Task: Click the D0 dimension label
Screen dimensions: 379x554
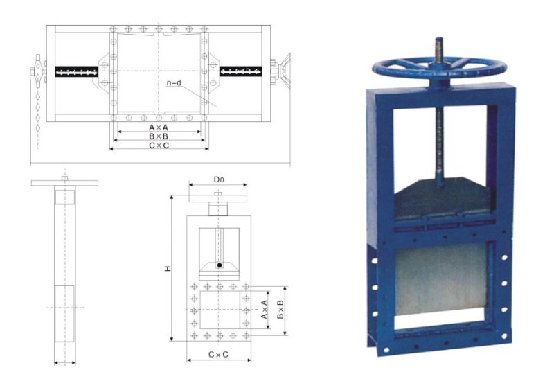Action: pos(217,179)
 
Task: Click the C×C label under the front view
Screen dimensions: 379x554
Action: pos(219,354)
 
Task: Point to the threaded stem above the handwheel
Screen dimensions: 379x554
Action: pos(438,50)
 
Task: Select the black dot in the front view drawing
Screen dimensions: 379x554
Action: pos(219,265)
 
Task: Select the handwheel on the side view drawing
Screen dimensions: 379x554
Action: pos(64,183)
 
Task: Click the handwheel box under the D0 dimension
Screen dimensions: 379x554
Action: pos(218,207)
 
